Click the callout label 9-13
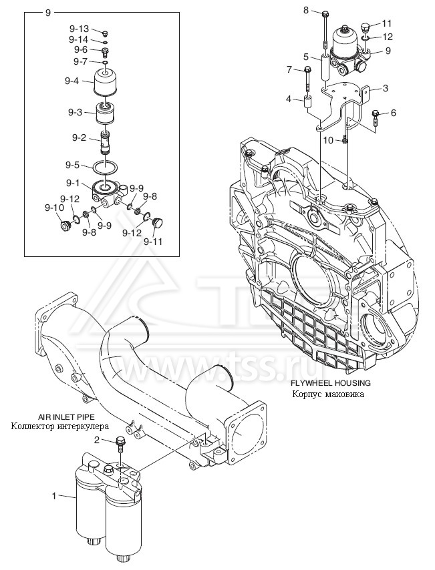78,29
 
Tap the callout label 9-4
71,81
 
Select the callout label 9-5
73,165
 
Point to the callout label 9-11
153,242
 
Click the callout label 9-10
54,208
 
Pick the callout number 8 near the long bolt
306,10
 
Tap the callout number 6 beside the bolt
394,113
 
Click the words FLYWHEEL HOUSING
330,384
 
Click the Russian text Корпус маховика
330,394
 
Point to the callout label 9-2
80,138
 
